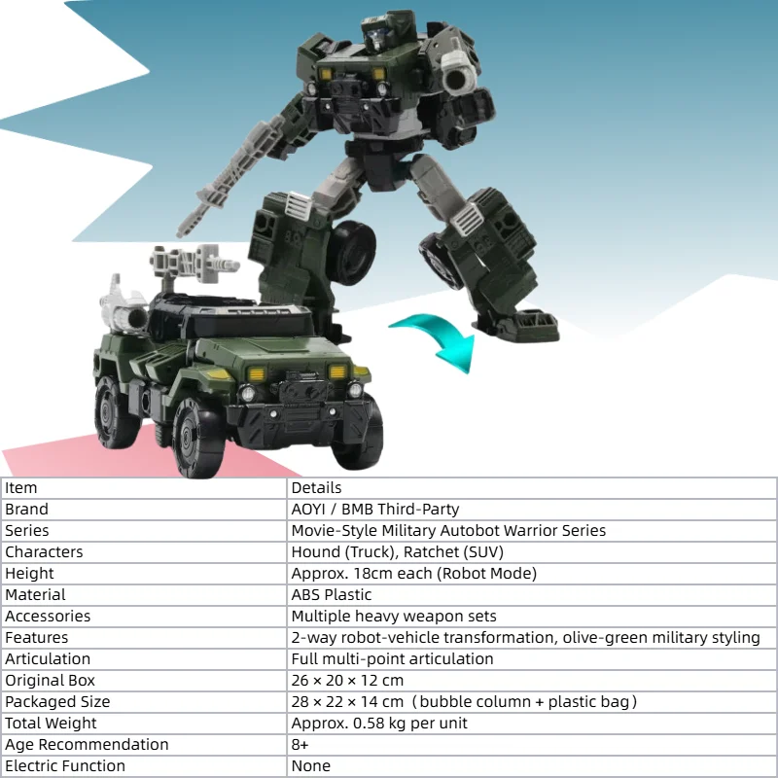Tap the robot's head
(379, 30)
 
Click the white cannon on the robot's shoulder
(460, 73)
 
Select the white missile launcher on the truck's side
(124, 306)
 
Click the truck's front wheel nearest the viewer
(197, 437)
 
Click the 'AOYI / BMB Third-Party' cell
(375, 509)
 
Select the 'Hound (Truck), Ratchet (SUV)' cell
(398, 551)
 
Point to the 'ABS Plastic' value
(332, 594)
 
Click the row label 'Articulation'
(48, 658)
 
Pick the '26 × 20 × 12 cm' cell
(347, 680)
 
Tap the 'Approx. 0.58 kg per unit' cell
(379, 723)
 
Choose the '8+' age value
(300, 744)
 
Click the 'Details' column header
(316, 488)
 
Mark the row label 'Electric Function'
(65, 765)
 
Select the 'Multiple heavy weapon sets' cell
(394, 616)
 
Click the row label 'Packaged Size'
(57, 701)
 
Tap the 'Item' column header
(20, 488)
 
